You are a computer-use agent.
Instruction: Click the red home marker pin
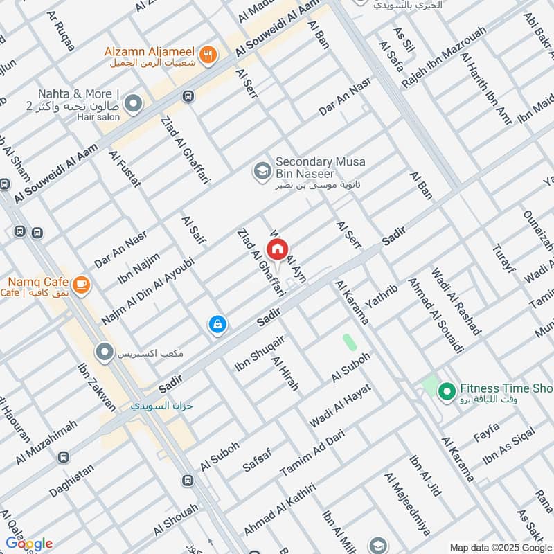pos(278,250)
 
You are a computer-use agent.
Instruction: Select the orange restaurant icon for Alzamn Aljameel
pos(206,53)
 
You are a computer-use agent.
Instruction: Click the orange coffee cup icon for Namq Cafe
pos(81,283)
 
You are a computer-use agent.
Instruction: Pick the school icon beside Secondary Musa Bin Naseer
pos(262,170)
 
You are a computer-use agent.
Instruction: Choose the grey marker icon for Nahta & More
pos(133,105)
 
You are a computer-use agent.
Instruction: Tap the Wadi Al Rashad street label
pos(456,302)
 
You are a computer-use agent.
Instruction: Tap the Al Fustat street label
pos(125,168)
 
